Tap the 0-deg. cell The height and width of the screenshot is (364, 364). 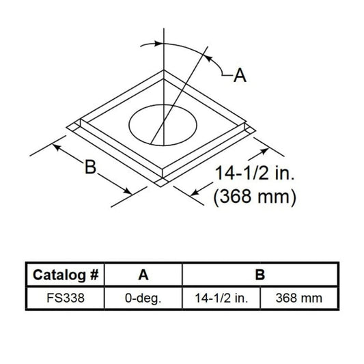point(143,298)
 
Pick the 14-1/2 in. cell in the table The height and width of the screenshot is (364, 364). point(221,298)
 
